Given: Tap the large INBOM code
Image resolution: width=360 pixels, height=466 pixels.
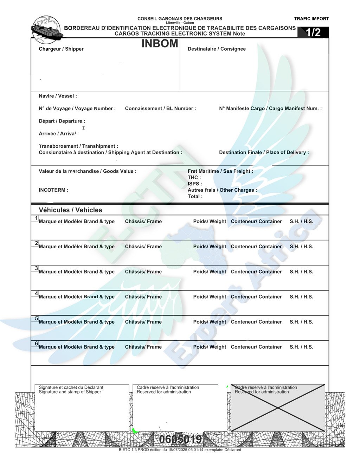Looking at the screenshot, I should tap(160, 44).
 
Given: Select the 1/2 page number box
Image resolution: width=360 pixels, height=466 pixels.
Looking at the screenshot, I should tap(313, 32).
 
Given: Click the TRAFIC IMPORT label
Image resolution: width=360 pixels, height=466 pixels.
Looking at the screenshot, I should tap(311, 19).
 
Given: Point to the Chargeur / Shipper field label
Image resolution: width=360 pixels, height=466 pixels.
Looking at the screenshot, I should tap(61, 49).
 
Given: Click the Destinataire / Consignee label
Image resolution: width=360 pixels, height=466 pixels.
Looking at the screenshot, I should tap(217, 49).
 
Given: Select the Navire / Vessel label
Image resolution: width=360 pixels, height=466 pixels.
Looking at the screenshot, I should tap(58, 96).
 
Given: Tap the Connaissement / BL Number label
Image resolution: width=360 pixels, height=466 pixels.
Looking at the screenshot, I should tap(160, 109).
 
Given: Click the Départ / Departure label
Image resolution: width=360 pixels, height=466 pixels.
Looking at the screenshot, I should tap(62, 121).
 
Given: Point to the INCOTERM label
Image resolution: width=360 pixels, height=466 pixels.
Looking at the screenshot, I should tap(53, 190).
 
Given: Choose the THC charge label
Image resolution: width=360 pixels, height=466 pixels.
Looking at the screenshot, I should tap(194, 178).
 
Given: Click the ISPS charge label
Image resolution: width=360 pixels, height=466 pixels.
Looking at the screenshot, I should tap(195, 184).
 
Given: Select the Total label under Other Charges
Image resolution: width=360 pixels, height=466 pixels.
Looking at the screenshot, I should tap(195, 197).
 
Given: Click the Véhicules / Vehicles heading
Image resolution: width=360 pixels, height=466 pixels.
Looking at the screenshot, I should tap(70, 210).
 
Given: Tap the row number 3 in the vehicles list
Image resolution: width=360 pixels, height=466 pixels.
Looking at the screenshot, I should tap(36, 268).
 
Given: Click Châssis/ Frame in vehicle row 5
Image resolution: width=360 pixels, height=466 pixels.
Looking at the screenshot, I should tap(143, 322).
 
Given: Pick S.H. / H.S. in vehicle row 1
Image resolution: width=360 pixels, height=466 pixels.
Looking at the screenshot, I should tap(301, 222).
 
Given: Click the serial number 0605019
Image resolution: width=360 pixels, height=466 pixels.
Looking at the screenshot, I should tap(180, 439).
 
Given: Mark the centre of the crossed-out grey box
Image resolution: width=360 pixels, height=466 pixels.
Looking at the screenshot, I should tap(278, 408).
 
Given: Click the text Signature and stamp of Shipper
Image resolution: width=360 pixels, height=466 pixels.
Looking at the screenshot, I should tap(70, 392).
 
